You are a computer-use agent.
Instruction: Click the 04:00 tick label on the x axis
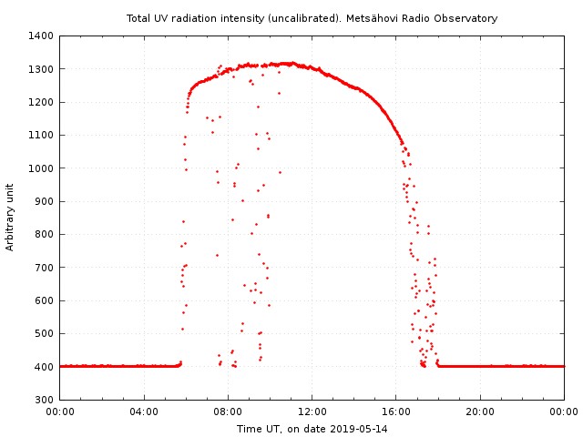[144, 412]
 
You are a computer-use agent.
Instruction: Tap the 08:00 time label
[228, 412]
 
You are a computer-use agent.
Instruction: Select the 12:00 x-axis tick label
[312, 412]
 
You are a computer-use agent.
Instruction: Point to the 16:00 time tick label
[396, 412]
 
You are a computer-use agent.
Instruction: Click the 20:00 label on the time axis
[480, 412]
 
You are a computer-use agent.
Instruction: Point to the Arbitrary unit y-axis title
[11, 217]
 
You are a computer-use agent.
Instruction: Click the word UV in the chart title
[160, 18]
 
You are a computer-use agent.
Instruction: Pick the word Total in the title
[138, 18]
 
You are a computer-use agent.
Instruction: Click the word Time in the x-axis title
[249, 428]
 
